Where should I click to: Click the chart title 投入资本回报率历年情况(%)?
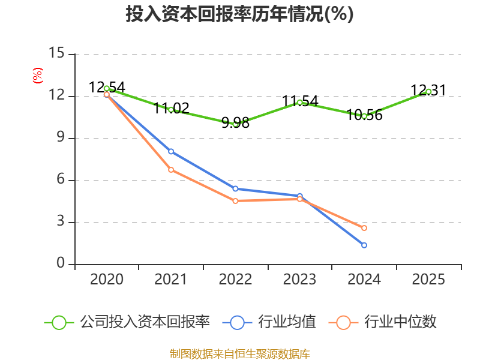pyautogui.click(x=239, y=14)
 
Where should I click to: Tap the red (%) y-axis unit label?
pyautogui.click(x=38, y=76)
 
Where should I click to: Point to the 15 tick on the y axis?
pyautogui.click(x=56, y=53)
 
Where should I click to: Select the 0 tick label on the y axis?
pyautogui.click(x=61, y=263)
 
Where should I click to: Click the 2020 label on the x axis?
pyautogui.click(x=107, y=280)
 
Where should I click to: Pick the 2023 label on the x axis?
pyautogui.click(x=299, y=280)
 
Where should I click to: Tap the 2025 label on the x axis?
pyautogui.click(x=428, y=280)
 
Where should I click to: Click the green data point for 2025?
pyautogui.click(x=428, y=92)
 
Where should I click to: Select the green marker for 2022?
pyautogui.click(x=235, y=124)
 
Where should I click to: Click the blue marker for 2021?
pyautogui.click(x=171, y=152)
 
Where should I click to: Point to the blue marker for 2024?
pyautogui.click(x=364, y=245)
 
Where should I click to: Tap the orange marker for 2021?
pyautogui.click(x=171, y=170)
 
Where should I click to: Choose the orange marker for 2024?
pyautogui.click(x=364, y=228)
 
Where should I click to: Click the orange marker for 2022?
pyautogui.click(x=235, y=201)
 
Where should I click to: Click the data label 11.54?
pyautogui.click(x=300, y=101)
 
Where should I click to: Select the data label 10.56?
pyautogui.click(x=365, y=115)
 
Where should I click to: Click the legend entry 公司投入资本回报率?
pyautogui.click(x=127, y=322)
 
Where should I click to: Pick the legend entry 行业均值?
pyautogui.click(x=269, y=322)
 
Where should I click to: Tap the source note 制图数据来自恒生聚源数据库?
pyautogui.click(x=240, y=354)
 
